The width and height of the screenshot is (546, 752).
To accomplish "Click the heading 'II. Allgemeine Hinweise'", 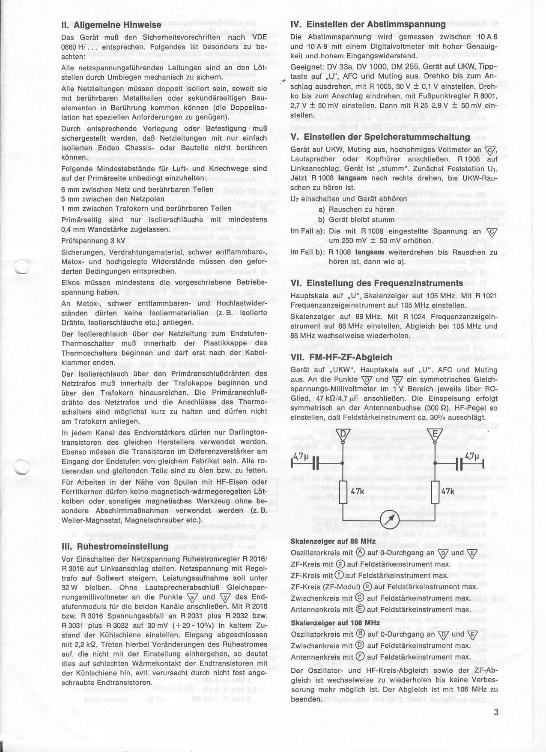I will (x=111, y=25).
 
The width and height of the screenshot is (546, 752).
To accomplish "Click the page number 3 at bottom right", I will (x=496, y=713).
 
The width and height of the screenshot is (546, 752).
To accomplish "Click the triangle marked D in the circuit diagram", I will (x=343, y=435).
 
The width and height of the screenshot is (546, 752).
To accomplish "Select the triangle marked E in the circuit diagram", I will (x=434, y=435).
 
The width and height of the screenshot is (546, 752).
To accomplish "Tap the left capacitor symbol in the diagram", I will (x=316, y=464).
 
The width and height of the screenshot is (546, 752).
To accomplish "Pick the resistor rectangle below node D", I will (x=343, y=491).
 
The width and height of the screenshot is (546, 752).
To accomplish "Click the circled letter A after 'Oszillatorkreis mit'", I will (x=360, y=552).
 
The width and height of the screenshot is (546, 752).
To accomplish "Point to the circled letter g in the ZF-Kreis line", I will (x=341, y=564).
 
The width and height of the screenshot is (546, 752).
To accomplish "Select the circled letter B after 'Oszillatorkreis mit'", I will (x=360, y=634).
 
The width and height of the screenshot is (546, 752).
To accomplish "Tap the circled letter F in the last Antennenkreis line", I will (x=358, y=656).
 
